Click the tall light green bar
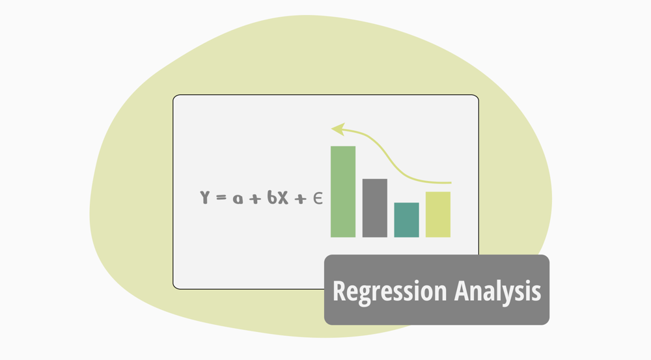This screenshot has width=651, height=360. coord(343,191)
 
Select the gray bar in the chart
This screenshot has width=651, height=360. coord(375,208)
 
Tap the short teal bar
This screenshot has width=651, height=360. coord(406,220)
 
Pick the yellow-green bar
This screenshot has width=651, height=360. coord(438,214)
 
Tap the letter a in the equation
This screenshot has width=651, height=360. coord(238,199)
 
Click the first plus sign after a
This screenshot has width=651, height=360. coord(256,199)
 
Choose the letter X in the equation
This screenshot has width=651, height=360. coord(284,198)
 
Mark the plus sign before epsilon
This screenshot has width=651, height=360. coord(299,199)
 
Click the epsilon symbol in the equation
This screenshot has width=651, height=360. coord(317,199)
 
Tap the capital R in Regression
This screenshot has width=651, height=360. coord(340,290)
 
